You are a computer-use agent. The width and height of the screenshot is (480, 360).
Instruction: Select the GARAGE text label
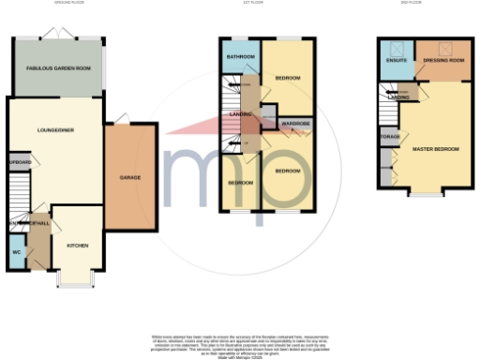(x=129, y=176)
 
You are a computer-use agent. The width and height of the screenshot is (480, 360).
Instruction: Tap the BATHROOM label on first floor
(x=240, y=58)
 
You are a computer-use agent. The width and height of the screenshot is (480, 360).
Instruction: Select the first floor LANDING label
(x=232, y=114)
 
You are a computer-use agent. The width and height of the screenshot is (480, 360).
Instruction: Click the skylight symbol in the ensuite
(x=396, y=48)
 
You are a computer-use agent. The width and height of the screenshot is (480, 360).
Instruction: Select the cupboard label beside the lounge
(x=19, y=162)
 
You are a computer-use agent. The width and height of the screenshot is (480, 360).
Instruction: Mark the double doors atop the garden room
(x=64, y=34)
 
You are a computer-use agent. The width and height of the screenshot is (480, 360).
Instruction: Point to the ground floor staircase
(x=19, y=226)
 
